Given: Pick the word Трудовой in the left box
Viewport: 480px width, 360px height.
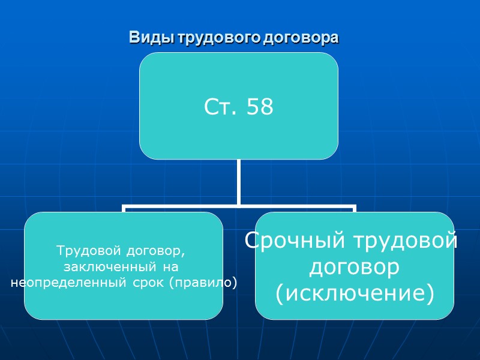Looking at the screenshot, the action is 82,250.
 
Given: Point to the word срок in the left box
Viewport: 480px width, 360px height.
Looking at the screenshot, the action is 146,281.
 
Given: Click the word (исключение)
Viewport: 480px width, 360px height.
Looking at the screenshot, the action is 354,293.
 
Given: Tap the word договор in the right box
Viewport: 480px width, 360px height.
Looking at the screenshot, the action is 354,268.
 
